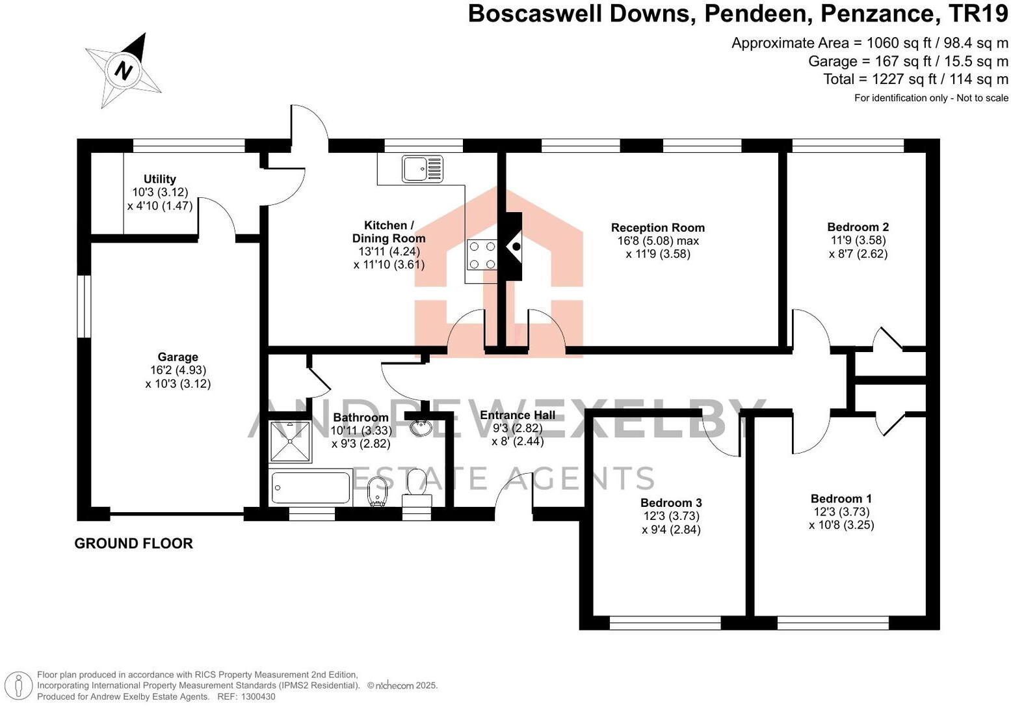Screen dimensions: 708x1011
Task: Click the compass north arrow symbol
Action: (124, 69)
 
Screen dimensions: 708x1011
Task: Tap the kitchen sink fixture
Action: (422, 169)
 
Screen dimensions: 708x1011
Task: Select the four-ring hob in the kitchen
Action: (482, 255)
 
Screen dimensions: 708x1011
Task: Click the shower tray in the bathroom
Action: (290, 441)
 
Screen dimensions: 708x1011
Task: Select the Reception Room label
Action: (657, 228)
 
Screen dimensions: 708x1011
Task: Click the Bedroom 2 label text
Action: (858, 227)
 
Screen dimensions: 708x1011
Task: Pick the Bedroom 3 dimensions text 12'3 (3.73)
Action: (671, 516)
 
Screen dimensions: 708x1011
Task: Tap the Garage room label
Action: (177, 357)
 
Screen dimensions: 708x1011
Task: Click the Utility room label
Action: (160, 179)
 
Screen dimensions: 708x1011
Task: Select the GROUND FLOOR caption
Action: (133, 543)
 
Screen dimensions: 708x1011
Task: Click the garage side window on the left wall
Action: (84, 306)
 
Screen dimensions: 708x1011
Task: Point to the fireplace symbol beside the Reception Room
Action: (514, 246)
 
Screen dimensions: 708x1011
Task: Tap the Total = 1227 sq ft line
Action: (915, 79)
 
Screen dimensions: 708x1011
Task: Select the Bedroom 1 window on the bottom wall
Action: (833, 623)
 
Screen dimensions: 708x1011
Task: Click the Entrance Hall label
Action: (518, 415)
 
